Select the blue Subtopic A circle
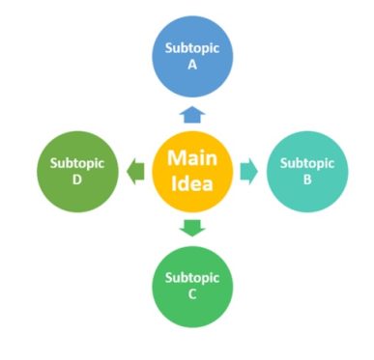[x=191, y=59]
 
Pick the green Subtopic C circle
[x=191, y=286]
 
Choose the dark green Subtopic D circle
[x=76, y=172]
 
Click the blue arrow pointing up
[x=191, y=113]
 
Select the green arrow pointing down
[x=191, y=229]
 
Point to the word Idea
[x=191, y=183]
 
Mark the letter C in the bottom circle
[x=191, y=294]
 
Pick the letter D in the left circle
[x=76, y=180]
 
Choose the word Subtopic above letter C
[x=191, y=278]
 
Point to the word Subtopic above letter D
[x=76, y=163]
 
